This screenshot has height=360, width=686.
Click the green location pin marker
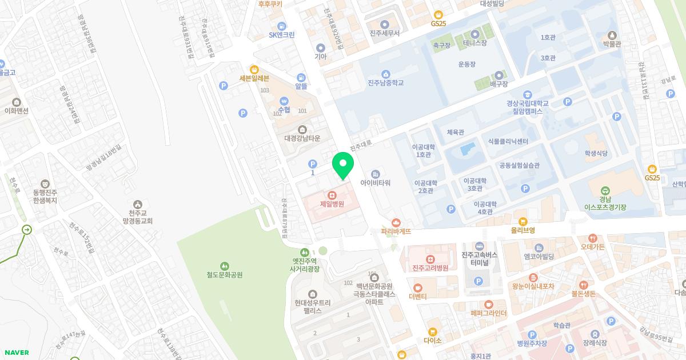343,165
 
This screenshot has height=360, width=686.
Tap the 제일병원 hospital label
332,203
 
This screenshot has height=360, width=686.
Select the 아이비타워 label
375,183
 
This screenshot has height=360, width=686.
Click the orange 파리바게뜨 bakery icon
396,222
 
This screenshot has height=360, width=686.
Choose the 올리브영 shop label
523,230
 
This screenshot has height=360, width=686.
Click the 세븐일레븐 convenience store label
254,78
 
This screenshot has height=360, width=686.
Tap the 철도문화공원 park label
225,274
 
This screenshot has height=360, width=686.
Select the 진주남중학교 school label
386,83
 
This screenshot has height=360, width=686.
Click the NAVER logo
16,352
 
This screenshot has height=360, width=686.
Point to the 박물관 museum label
612,43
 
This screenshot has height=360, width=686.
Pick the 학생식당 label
595,153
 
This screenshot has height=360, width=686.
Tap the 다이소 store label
433,340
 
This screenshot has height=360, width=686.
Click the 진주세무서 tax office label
384,33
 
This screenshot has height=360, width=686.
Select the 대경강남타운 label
302,138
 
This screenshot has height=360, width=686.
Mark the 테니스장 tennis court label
474,43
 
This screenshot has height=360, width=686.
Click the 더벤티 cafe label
418,297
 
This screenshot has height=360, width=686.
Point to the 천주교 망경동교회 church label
137,216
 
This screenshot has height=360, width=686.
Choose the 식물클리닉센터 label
508,141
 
